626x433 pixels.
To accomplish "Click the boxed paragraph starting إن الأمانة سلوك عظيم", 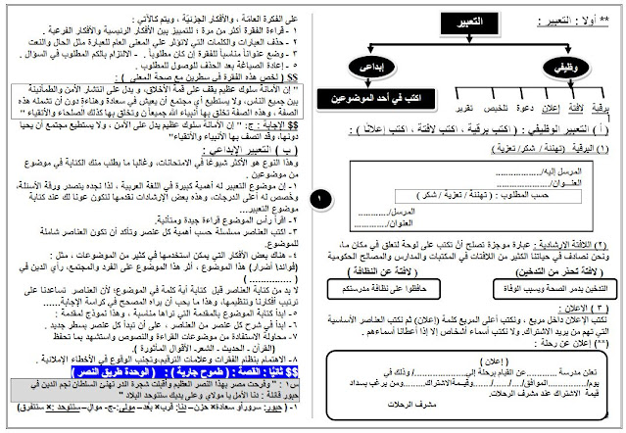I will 157,98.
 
